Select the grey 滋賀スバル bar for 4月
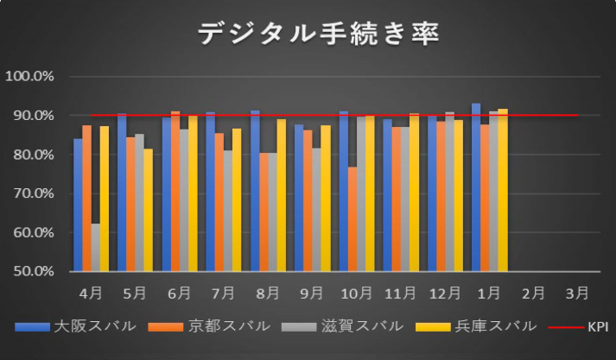[95, 248]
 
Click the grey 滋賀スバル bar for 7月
[228, 211]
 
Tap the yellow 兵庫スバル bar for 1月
[503, 190]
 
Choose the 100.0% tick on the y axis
[30, 76]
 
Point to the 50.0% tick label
[30, 272]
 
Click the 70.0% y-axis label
[30, 193]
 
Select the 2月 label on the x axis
[533, 293]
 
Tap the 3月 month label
[577, 293]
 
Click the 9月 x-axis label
[313, 293]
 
